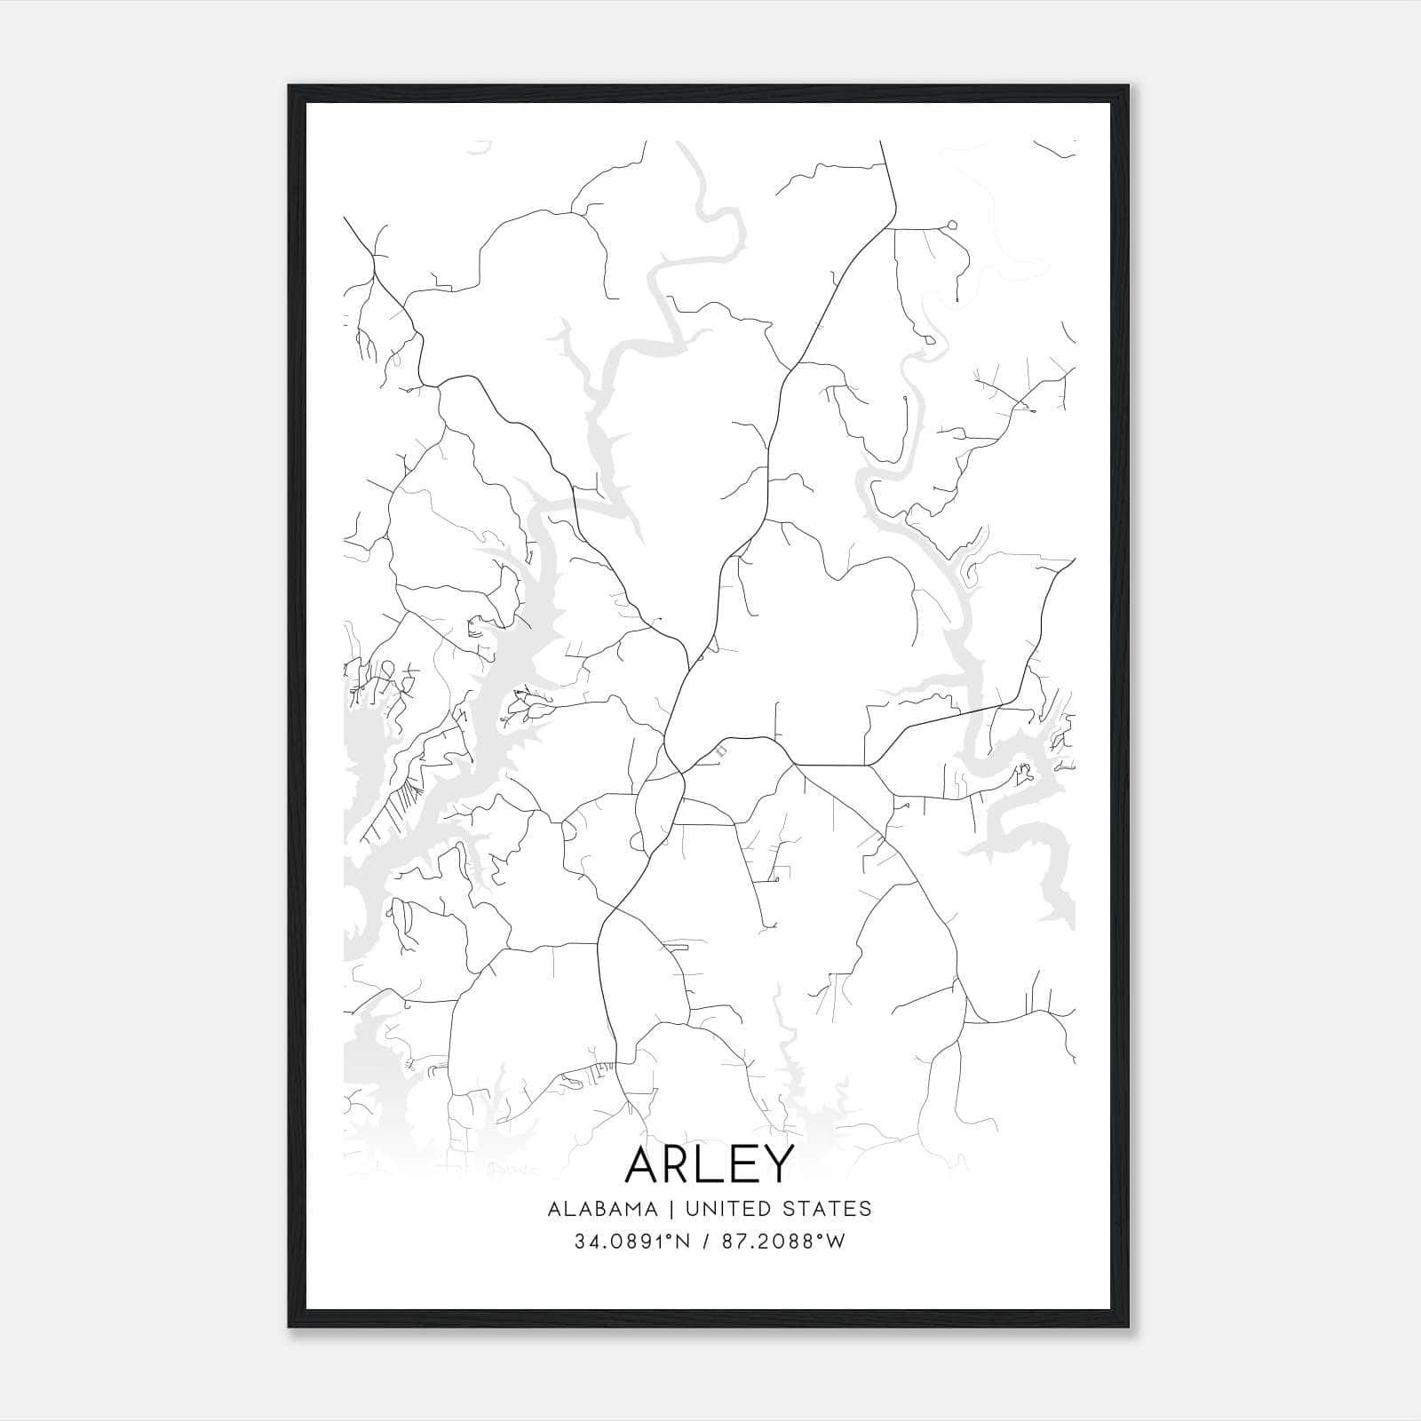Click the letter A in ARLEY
pyautogui.click(x=644, y=1164)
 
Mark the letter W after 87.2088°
pyautogui.click(x=835, y=1242)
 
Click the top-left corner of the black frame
pyautogui.click(x=290, y=86)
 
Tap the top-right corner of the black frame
pyautogui.click(x=1128, y=86)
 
